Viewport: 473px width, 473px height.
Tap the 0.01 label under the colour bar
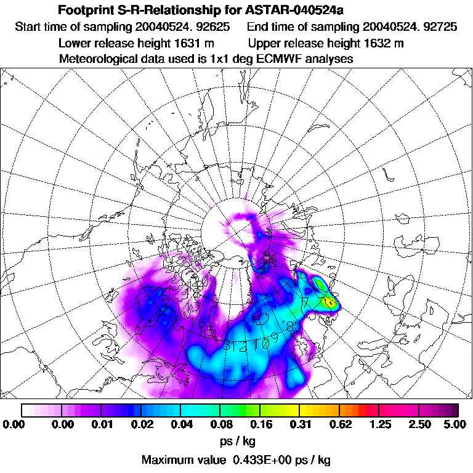point(102,424)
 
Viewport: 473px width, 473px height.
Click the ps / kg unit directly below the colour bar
point(236,441)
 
